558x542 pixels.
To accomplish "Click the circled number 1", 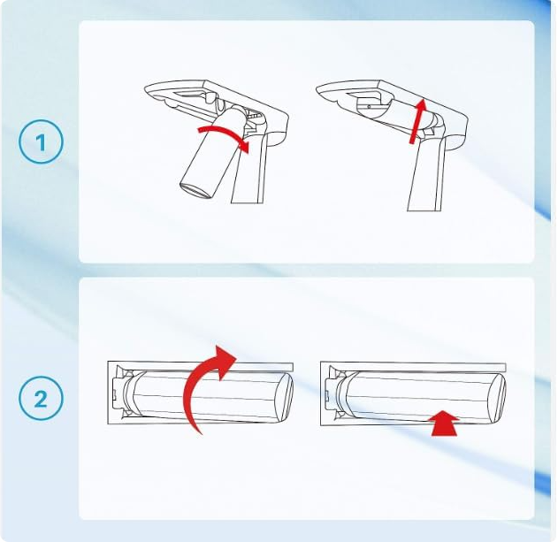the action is click(41, 141).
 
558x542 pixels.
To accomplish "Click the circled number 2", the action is click(41, 398).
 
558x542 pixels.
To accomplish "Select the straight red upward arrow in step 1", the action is click(417, 121).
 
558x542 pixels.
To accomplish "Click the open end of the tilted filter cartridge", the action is click(195, 191).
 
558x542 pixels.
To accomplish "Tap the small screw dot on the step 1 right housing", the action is click(369, 106).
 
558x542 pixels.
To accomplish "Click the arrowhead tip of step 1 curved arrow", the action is click(248, 153).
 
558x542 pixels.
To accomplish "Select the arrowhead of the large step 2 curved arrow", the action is click(223, 360).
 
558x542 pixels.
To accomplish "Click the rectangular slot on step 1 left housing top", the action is click(190, 94).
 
